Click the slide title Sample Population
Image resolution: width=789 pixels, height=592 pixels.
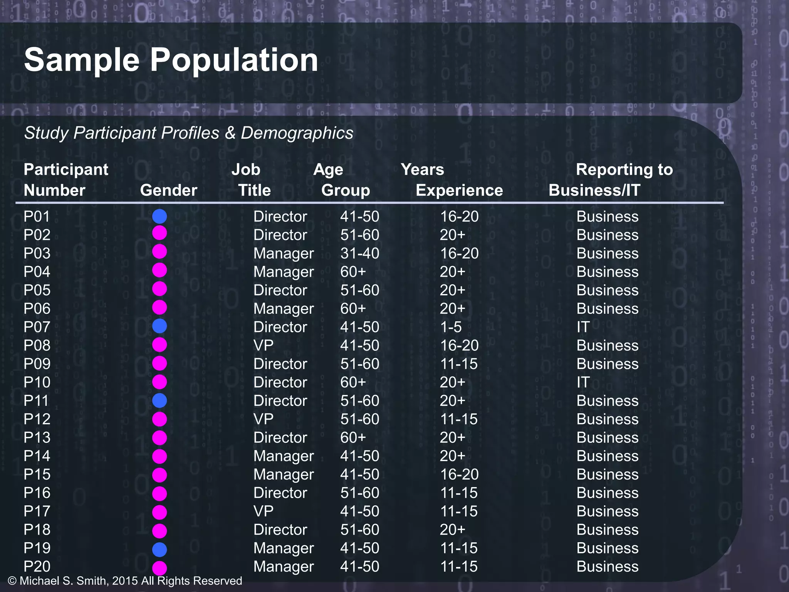tap(171, 60)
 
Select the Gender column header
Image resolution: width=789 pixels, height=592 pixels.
tap(168, 190)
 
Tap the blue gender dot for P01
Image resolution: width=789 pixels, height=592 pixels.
tap(159, 216)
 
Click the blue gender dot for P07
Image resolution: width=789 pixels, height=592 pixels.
tap(159, 326)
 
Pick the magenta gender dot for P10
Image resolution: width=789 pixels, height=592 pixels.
tap(159, 382)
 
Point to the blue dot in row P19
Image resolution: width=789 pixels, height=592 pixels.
tap(159, 549)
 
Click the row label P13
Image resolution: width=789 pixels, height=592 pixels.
tap(37, 438)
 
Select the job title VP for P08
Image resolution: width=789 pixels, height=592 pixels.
tap(264, 346)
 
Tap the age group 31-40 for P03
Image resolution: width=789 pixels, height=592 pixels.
tap(359, 254)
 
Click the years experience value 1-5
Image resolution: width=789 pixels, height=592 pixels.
tap(451, 327)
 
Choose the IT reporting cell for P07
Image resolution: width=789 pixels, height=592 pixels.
tap(583, 327)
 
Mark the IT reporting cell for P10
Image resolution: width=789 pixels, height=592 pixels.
tap(583, 382)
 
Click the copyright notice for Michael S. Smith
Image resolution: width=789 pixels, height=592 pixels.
tap(125, 581)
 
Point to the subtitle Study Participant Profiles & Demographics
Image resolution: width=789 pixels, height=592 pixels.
tap(188, 133)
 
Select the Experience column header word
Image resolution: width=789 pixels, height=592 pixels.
tap(459, 190)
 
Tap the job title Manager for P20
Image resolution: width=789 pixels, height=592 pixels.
tap(284, 567)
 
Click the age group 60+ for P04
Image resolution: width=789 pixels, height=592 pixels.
tap(353, 272)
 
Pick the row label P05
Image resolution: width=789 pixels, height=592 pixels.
tap(37, 290)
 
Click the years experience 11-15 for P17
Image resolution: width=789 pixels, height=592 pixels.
tap(458, 511)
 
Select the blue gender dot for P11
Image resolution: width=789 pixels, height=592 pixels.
tap(159, 400)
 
